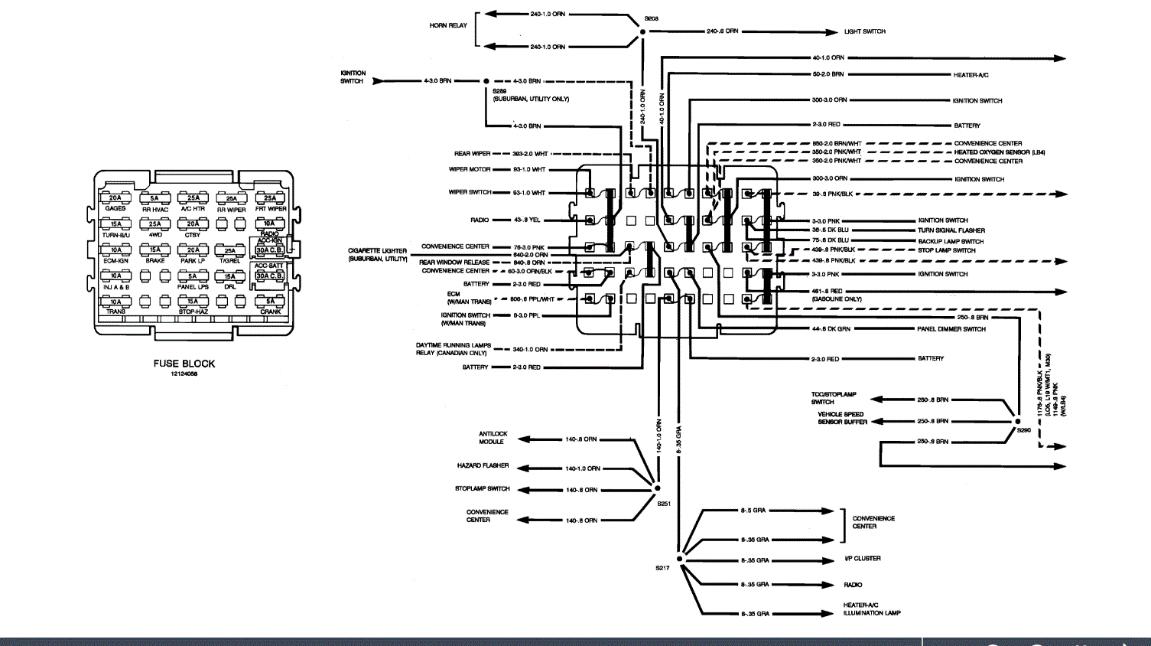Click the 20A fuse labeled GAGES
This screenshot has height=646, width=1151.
tap(115, 198)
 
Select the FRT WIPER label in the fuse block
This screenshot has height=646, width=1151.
tap(271, 209)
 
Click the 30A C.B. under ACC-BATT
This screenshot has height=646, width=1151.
tap(269, 276)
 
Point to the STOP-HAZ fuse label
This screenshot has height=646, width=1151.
tap(193, 312)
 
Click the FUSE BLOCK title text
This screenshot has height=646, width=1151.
tap(184, 364)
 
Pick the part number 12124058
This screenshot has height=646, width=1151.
tap(184, 374)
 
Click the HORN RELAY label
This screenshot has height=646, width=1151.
tap(448, 25)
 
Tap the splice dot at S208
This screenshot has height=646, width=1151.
tap(642, 31)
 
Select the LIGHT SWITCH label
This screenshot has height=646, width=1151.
tap(864, 31)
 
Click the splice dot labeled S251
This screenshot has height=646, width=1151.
tap(657, 488)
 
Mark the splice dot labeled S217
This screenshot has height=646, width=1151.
tap(679, 559)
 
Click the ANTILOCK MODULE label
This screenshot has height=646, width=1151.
tap(493, 438)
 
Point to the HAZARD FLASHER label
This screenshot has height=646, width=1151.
tap(483, 465)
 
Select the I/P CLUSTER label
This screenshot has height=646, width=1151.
tap(862, 559)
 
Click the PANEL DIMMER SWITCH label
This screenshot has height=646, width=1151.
tap(951, 329)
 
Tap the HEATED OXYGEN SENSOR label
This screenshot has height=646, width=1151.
tap(999, 152)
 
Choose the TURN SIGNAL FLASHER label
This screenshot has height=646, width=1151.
tap(951, 230)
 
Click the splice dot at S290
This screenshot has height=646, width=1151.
tap(1017, 421)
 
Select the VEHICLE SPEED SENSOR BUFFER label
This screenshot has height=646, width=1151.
tap(842, 418)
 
